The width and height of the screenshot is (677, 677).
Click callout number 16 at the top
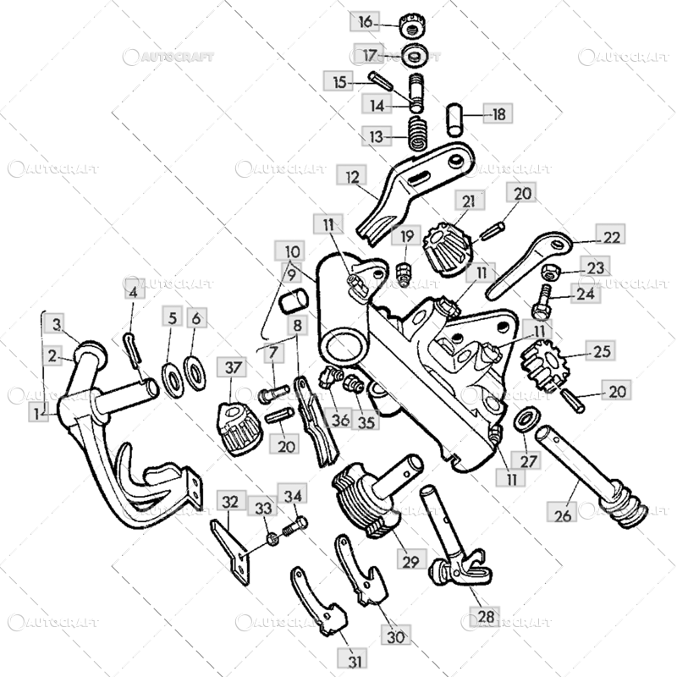[x=365, y=21]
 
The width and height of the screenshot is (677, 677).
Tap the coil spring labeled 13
[x=418, y=134]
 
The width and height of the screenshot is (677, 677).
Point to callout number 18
[x=498, y=113]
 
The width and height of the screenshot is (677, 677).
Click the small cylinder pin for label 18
[x=454, y=119]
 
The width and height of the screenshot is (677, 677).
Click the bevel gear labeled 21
[x=446, y=247]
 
